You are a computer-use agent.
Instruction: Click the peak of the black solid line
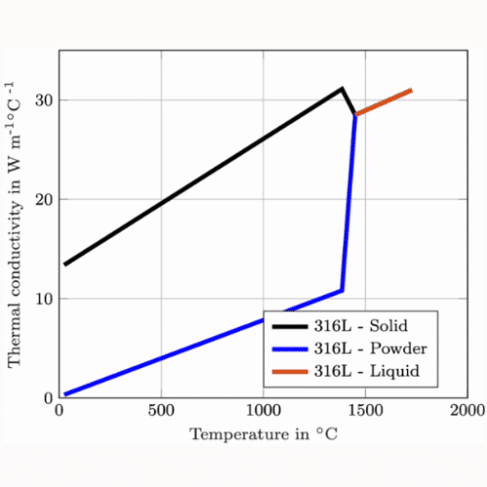point(342,89)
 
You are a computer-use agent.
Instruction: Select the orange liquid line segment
point(384,102)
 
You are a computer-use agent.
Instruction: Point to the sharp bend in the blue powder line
point(342,290)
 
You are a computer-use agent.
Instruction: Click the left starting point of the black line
point(65,264)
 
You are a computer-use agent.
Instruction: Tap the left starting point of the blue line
point(65,394)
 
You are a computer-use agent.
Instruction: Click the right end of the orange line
point(411,91)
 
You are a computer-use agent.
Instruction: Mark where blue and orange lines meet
point(356,115)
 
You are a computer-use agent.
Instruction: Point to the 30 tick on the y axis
point(44,100)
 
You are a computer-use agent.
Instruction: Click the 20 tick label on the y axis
point(44,200)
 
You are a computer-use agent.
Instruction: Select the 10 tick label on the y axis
point(44,299)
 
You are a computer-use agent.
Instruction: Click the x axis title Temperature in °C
point(263,433)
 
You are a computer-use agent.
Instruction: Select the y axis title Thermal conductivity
point(16,224)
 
